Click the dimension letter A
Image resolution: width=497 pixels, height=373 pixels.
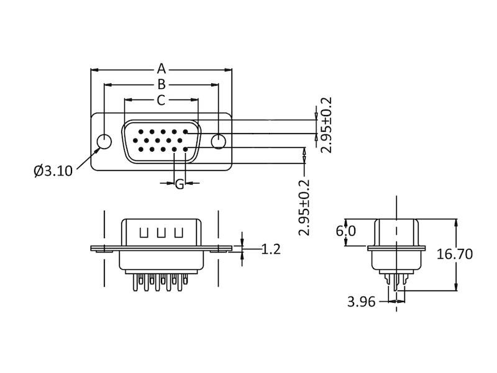162,68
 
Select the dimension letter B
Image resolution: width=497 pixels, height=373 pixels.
162,85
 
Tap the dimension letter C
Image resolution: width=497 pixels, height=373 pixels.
161,100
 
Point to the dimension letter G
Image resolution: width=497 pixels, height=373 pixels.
180,184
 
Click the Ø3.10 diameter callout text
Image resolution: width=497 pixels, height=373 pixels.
53,170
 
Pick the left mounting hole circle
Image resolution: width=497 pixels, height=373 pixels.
104,142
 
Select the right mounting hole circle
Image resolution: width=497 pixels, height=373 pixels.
219,142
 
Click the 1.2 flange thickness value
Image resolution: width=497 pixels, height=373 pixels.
271,249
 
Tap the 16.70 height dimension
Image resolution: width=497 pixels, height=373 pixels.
455,254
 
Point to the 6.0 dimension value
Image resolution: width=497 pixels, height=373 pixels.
346,231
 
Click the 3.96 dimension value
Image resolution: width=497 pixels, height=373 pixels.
362,302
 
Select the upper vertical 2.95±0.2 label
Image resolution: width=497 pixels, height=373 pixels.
326,125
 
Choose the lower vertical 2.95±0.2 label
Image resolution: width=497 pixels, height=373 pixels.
304,208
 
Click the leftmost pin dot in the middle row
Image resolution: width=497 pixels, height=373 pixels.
135,140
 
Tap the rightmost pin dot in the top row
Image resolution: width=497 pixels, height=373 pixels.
186,132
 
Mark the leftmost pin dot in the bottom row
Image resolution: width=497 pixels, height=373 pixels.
141,149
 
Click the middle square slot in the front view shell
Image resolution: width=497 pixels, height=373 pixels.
161,233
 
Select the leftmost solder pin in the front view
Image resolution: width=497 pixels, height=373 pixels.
135,283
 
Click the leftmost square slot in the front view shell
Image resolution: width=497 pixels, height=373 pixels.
144,233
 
